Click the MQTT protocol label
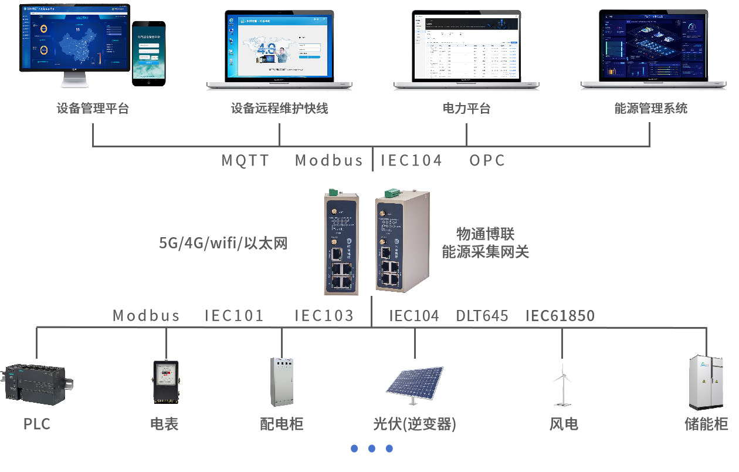[x=245, y=160]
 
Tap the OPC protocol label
[x=487, y=160]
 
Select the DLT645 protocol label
[x=482, y=316]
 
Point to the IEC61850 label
[x=560, y=316]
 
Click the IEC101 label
[x=234, y=316]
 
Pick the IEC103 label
[x=324, y=316]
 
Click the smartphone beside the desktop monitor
[x=148, y=53]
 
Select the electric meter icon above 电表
[x=165, y=382]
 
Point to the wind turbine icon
[x=562, y=385]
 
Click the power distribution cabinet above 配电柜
[x=281, y=382]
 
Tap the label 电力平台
[x=466, y=109]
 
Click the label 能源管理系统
[x=650, y=109]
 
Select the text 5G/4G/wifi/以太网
[x=223, y=243]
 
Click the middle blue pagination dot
[x=371, y=449]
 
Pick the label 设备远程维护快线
[x=279, y=109]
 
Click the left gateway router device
[x=341, y=244]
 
